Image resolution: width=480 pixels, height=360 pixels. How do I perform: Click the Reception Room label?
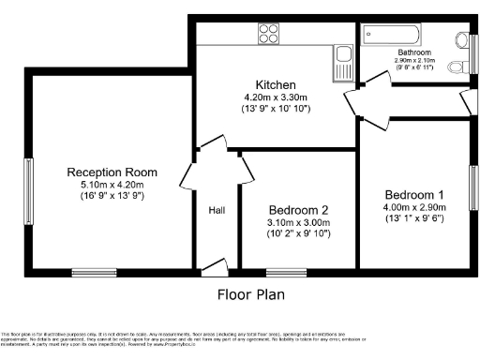click(111, 172)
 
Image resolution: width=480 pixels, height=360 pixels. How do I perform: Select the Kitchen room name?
click(277, 84)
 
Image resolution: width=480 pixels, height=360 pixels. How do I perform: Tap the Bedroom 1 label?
click(414, 194)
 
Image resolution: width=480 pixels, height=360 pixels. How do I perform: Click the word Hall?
click(217, 210)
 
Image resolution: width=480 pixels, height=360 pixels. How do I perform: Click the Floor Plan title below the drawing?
click(246, 293)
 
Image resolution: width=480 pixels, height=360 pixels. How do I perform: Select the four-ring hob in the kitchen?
click(269, 34)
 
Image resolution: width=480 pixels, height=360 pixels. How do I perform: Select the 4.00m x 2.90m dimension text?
click(414, 207)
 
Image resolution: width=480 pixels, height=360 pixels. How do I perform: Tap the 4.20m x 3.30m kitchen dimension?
click(277, 97)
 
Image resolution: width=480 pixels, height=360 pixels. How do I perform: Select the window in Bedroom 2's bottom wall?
click(280, 273)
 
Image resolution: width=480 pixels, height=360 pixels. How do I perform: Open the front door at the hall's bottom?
click(216, 266)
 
